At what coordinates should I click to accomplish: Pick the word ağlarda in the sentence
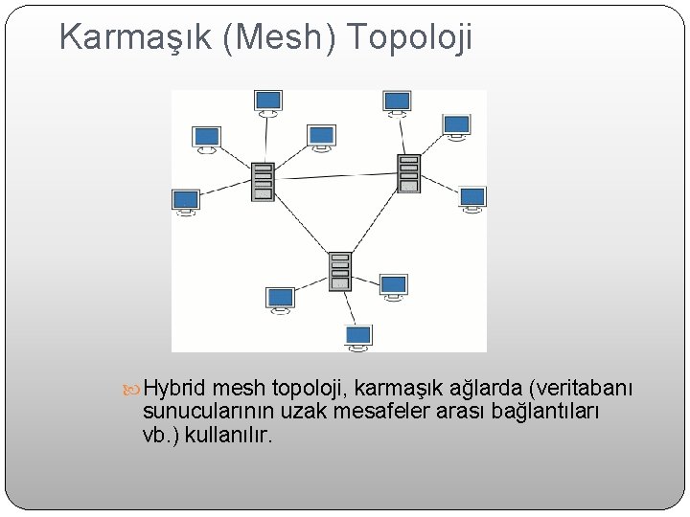484,388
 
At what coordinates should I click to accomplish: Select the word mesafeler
379,412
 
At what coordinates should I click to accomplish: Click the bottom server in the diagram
339,272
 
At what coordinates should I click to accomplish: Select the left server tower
263,182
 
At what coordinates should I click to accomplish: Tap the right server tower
409,173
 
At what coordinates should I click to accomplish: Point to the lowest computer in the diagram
358,335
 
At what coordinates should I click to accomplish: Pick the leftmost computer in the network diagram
185,201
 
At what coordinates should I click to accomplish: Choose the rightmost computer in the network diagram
472,198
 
